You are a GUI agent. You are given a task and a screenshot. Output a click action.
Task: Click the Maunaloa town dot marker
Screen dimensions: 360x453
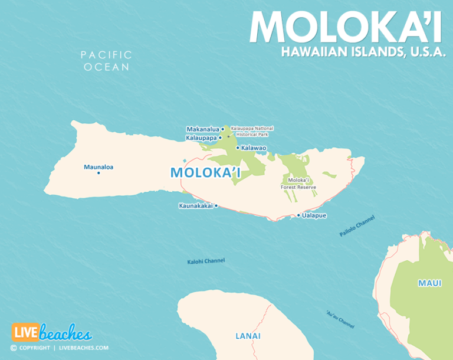point(99,173)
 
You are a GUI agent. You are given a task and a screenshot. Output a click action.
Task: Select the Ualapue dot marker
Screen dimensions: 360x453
point(298,215)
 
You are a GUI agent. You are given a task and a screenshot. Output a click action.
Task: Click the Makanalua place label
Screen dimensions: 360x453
point(202,129)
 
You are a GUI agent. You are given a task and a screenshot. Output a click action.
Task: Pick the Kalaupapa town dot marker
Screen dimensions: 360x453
point(220,138)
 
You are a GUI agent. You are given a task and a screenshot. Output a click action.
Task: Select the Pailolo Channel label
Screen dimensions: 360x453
point(357,226)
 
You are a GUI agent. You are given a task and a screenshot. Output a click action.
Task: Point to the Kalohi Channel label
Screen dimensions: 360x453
point(206,261)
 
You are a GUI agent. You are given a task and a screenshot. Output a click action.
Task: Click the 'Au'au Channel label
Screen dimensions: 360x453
point(340,319)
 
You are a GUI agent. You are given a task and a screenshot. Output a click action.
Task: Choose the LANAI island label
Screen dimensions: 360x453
point(248,336)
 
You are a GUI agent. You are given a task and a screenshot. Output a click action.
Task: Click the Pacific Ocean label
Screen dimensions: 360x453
point(106,61)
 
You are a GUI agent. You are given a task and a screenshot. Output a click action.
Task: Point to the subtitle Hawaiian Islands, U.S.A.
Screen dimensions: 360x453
point(363,53)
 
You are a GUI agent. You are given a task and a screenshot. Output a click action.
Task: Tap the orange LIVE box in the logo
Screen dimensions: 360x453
point(25,333)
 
